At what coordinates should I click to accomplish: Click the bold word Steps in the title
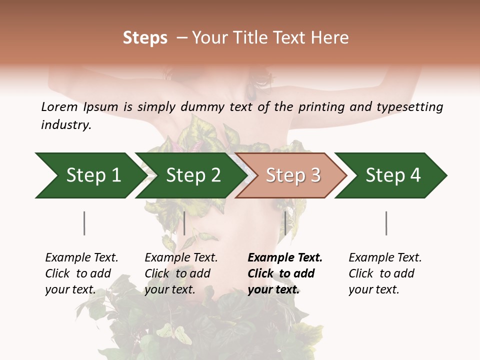(x=145, y=37)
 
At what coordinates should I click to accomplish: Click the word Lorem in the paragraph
(x=59, y=106)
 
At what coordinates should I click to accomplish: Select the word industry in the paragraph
(x=65, y=125)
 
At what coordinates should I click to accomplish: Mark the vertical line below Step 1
(x=84, y=223)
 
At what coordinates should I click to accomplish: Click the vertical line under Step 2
(x=184, y=223)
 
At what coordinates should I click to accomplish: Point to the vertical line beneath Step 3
(x=285, y=223)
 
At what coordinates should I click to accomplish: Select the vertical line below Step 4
(x=386, y=223)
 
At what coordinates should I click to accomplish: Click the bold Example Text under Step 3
(x=285, y=258)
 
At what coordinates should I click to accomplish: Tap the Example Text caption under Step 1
(x=81, y=258)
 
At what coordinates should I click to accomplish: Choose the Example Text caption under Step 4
(x=385, y=258)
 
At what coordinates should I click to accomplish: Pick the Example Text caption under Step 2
(x=181, y=258)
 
